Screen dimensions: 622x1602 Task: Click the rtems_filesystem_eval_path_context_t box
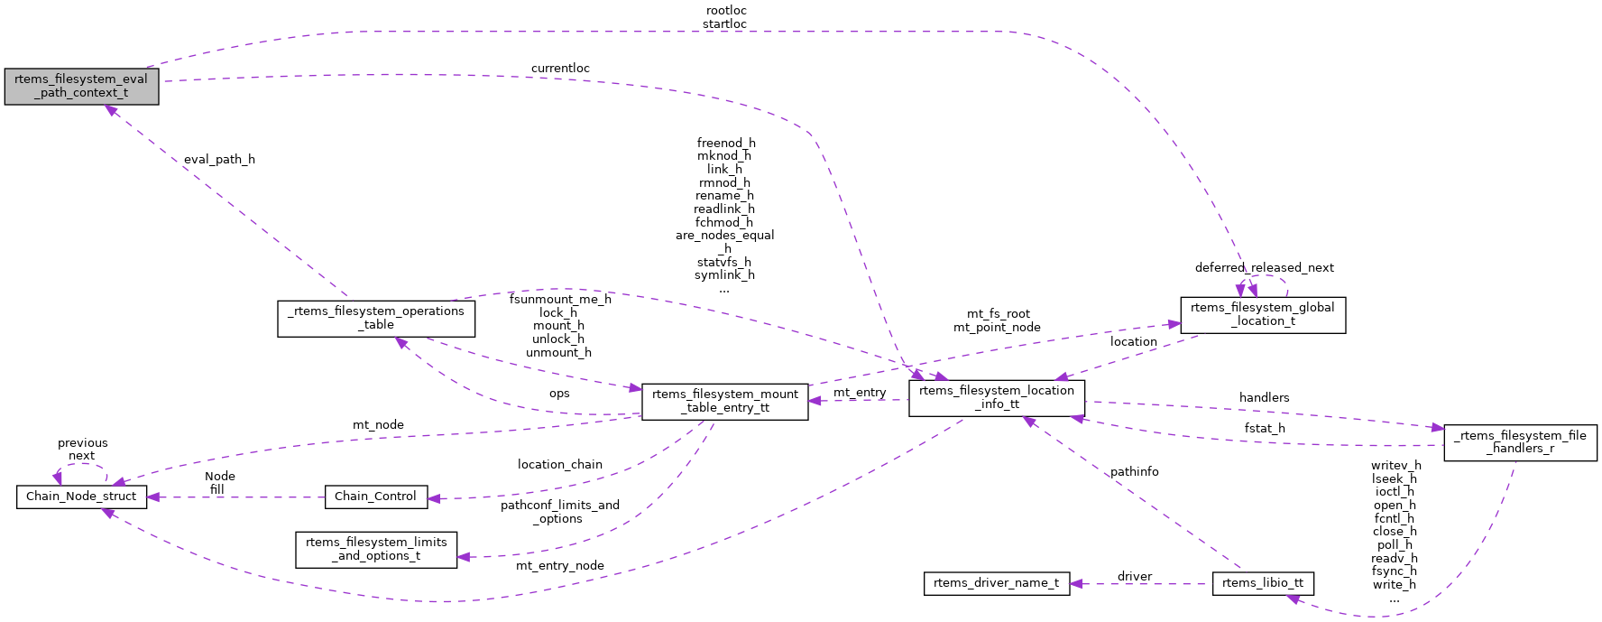pyautogui.click(x=81, y=86)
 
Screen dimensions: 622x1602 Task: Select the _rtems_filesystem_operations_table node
pyautogui.click(x=377, y=318)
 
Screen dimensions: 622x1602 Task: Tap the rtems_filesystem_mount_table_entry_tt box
pyautogui.click(x=724, y=401)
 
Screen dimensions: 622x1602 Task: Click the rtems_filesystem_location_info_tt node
pyautogui.click(x=996, y=397)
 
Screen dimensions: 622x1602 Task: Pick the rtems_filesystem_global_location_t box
pyautogui.click(x=1262, y=314)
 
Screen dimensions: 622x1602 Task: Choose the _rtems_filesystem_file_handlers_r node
pyautogui.click(x=1519, y=442)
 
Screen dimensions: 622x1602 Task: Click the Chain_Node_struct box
pyautogui.click(x=81, y=497)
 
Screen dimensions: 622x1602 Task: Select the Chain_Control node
pyautogui.click(x=375, y=497)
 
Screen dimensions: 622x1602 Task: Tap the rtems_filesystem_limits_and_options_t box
pyautogui.click(x=376, y=549)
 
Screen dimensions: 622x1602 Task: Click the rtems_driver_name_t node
pyautogui.click(x=996, y=583)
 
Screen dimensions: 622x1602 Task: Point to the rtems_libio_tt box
pyautogui.click(x=1262, y=583)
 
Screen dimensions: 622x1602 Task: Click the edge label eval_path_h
pyautogui.click(x=219, y=160)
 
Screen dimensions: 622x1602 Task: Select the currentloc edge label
pyautogui.click(x=560, y=69)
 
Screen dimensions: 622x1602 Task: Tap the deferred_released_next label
pyautogui.click(x=1264, y=268)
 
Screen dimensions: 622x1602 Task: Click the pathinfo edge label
pyautogui.click(x=1134, y=472)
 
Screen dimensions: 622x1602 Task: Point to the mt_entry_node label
pyautogui.click(x=559, y=566)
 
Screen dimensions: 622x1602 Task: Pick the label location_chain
pyautogui.click(x=559, y=465)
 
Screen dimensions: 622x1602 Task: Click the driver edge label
pyautogui.click(x=1134, y=577)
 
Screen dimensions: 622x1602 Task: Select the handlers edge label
pyautogui.click(x=1264, y=398)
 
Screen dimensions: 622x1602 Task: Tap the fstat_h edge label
pyautogui.click(x=1264, y=429)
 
